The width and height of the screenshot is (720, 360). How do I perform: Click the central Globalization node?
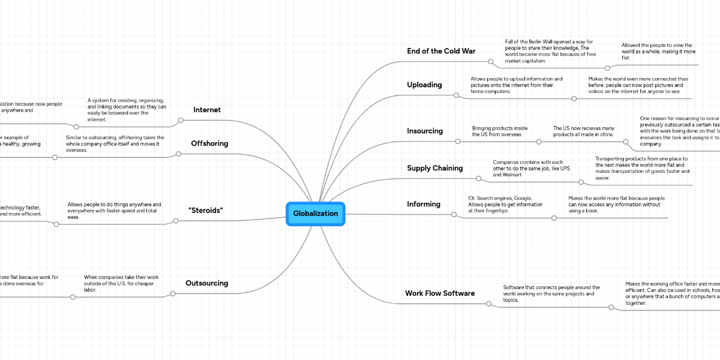tap(316, 214)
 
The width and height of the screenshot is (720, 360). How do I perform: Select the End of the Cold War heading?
tap(441, 51)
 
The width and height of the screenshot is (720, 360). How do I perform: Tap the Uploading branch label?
tap(424, 85)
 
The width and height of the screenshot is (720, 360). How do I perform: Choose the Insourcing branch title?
tap(425, 131)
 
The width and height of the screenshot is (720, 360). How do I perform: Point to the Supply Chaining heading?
tap(435, 168)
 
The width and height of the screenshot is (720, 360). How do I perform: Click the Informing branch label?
tap(424, 204)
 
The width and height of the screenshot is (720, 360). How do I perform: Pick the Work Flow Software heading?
tap(440, 293)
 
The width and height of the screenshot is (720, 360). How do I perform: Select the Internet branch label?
tap(207, 110)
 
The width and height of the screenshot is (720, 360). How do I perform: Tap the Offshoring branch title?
tap(209, 143)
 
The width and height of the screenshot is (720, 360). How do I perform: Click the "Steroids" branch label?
tap(206, 210)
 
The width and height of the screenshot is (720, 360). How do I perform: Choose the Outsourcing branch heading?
tap(207, 283)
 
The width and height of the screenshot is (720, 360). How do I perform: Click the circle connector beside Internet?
tap(181, 122)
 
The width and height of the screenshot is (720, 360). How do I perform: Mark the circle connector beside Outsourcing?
tap(173, 294)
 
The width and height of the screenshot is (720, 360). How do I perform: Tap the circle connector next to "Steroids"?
tap(176, 221)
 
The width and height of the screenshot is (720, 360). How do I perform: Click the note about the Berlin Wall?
tap(550, 51)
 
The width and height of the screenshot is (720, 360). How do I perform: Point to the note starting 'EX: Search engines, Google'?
tap(505, 204)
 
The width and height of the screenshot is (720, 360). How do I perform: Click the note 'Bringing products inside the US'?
tap(500, 131)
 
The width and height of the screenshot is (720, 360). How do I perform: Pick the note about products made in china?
tap(584, 131)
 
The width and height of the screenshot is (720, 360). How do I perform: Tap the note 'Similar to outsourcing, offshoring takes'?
tap(115, 143)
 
